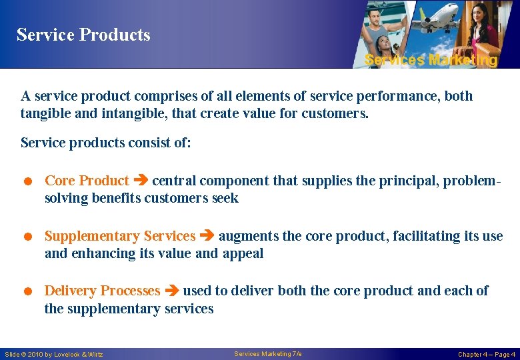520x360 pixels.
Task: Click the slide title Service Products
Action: pyautogui.click(x=83, y=35)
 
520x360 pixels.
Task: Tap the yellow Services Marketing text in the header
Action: pyautogui.click(x=431, y=60)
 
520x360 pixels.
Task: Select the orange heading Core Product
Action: pyautogui.click(x=87, y=181)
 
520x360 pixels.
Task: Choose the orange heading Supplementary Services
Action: pyautogui.click(x=120, y=236)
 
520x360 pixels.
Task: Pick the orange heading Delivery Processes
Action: pyautogui.click(x=102, y=291)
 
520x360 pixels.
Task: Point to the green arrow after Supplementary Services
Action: pyautogui.click(x=207, y=236)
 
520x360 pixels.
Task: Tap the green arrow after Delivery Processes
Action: pyautogui.click(x=171, y=291)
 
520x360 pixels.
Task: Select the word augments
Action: pyautogui.click(x=249, y=236)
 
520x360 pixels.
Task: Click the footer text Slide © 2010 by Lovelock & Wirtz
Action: pyautogui.click(x=54, y=354)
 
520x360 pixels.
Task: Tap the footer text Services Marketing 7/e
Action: pyautogui.click(x=268, y=353)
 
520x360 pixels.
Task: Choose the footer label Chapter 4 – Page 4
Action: pyautogui.click(x=486, y=354)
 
